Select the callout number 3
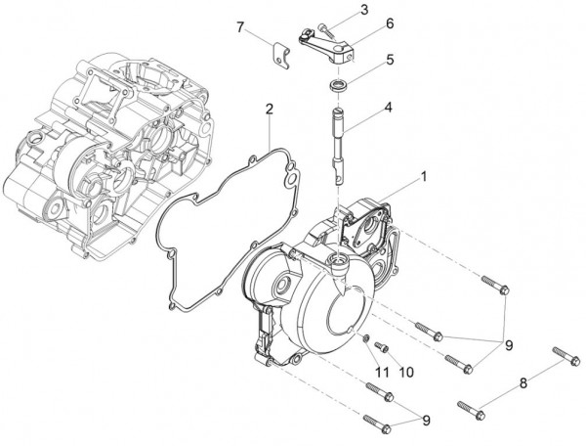click(x=362, y=11)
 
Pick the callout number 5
click(x=389, y=59)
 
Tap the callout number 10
click(x=406, y=372)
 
